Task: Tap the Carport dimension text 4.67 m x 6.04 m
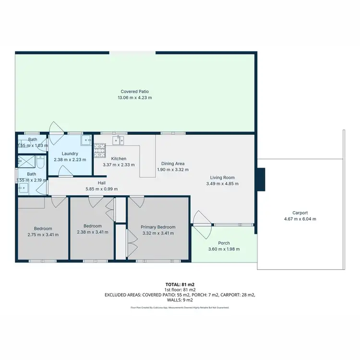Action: [x=300, y=219]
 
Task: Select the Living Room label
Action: [x=222, y=177]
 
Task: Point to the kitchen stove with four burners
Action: [x=100, y=151]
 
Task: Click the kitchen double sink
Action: [x=119, y=140]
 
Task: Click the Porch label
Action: [x=224, y=243]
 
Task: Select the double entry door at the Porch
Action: [x=202, y=225]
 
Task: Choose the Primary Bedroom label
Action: [x=158, y=227]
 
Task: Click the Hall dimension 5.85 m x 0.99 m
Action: [x=101, y=189]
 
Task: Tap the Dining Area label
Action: [x=173, y=163]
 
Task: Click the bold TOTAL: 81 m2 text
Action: [x=180, y=285]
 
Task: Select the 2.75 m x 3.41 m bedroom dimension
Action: [x=43, y=235]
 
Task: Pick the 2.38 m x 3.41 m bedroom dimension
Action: [x=93, y=232]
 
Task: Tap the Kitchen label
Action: [x=119, y=158]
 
